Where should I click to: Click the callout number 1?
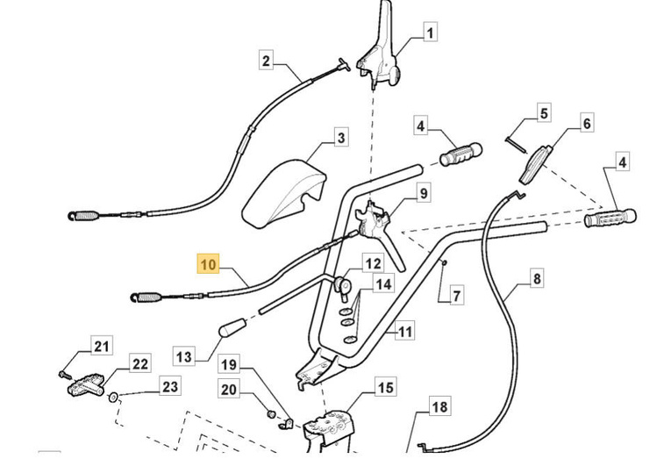point(430,34)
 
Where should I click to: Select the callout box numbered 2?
point(268,61)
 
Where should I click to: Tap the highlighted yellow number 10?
point(208,263)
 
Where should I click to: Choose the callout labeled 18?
point(439,406)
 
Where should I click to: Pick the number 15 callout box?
point(386,387)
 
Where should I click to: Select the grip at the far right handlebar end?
point(610,216)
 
